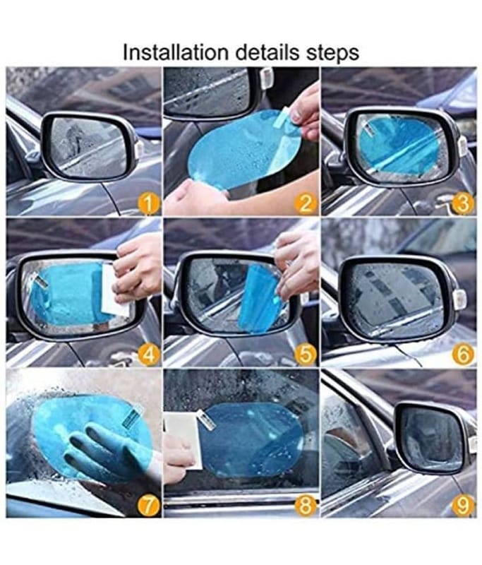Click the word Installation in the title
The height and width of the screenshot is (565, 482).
176,52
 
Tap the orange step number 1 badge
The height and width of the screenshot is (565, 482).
148,204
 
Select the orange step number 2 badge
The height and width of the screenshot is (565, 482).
306,204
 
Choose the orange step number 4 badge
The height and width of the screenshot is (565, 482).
148,355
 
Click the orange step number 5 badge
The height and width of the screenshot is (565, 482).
306,355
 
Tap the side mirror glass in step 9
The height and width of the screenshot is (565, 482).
430,438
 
